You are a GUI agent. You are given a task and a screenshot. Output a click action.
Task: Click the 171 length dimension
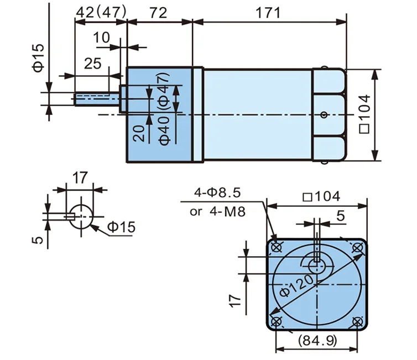tap(268, 13)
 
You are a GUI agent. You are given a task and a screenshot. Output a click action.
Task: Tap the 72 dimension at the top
tap(159, 13)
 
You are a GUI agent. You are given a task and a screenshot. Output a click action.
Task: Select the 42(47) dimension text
tap(101, 12)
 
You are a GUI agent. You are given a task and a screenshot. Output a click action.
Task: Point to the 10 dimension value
tap(101, 38)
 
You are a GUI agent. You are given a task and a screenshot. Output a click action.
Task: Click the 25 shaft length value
tap(93, 64)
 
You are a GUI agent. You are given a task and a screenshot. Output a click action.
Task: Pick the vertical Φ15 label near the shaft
tap(38, 58)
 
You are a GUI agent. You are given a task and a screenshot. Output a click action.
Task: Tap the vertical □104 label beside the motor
tap(365, 114)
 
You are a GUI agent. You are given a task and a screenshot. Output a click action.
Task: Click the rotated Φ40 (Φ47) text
tap(165, 109)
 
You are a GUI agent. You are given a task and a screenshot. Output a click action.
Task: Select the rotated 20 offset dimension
tap(139, 134)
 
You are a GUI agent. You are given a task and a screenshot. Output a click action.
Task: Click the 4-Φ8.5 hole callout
tap(217, 192)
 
